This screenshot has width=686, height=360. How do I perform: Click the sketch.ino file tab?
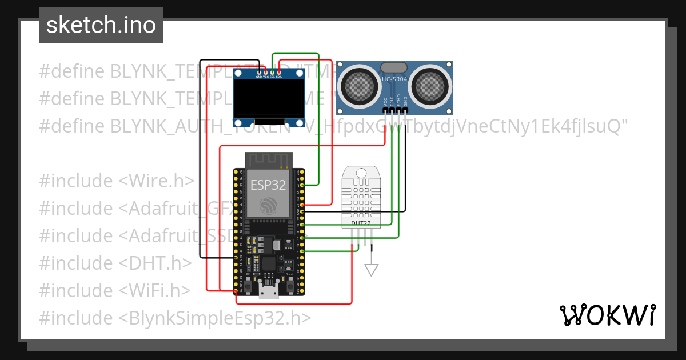101,25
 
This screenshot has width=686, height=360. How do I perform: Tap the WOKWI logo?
607,315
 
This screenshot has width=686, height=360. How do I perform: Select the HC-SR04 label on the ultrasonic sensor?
394,80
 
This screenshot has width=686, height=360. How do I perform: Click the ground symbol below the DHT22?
372,269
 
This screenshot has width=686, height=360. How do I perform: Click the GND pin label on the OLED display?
258,76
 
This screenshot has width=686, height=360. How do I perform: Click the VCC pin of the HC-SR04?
385,103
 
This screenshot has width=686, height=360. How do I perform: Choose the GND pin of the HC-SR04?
406,103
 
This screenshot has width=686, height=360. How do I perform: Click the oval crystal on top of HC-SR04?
395,67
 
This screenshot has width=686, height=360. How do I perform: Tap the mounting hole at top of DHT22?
361,172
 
